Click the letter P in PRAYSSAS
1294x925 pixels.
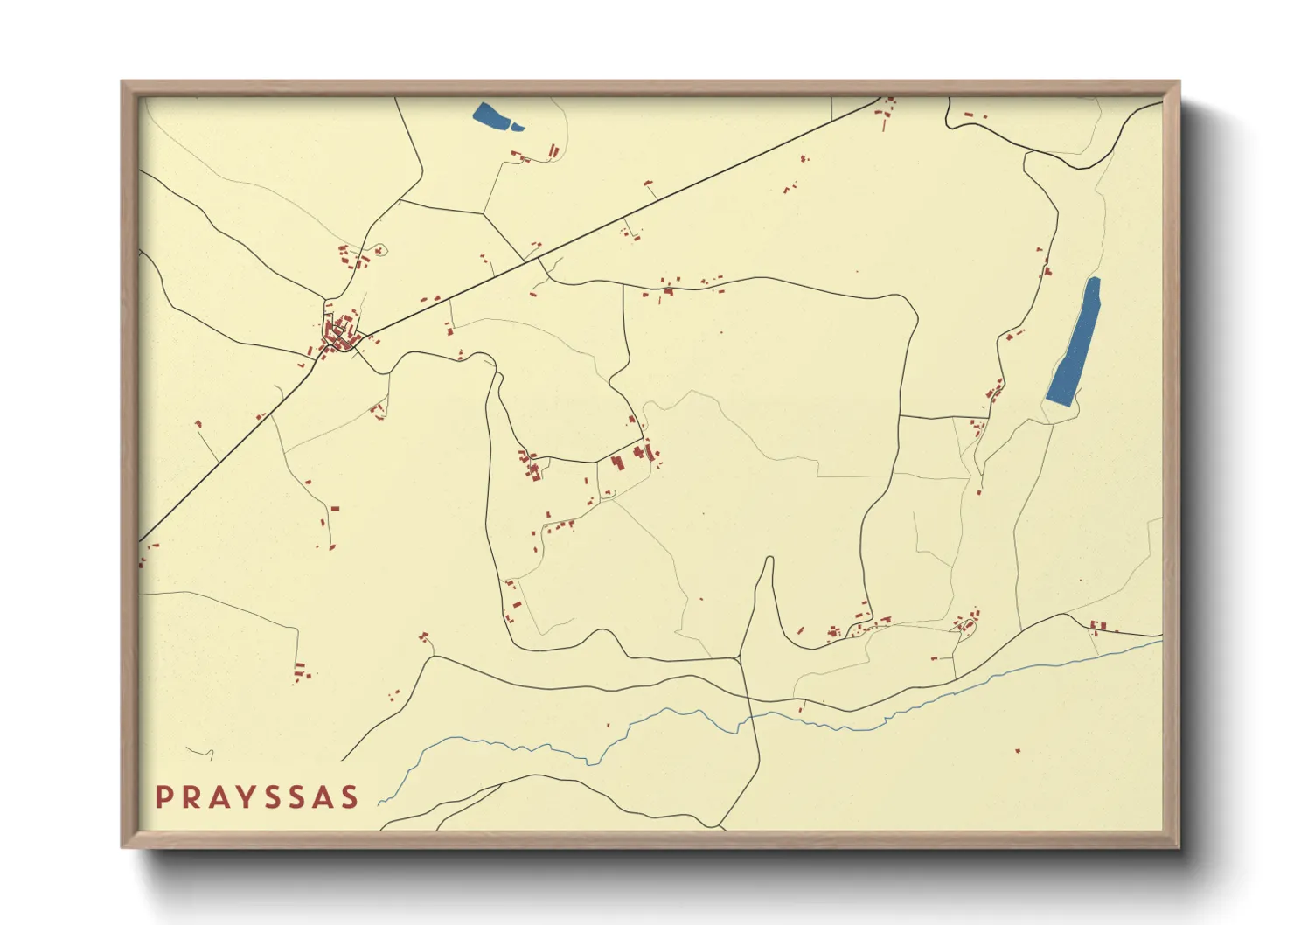[163, 797]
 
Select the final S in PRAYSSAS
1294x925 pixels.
[350, 797]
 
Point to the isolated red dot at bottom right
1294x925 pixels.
[1017, 750]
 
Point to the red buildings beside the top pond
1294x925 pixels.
[553, 153]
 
